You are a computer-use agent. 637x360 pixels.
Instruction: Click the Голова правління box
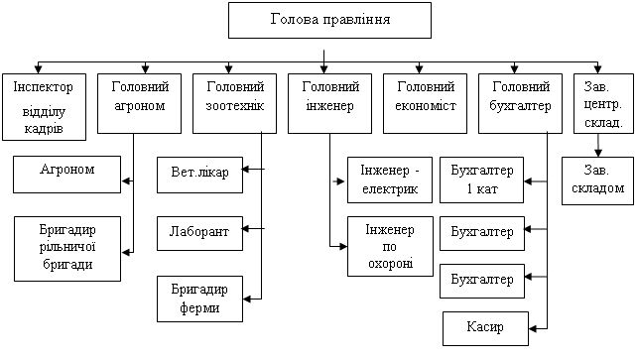pos(329,20)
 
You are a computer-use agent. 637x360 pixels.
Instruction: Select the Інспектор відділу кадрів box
pos(45,107)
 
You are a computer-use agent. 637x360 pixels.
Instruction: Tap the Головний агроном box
pos(139,103)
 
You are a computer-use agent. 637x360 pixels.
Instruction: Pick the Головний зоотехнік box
pos(235,103)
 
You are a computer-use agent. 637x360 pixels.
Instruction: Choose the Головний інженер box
pos(329,103)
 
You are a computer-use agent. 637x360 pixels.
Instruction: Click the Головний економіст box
pos(426,103)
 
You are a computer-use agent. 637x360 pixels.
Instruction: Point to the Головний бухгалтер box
pos(520,103)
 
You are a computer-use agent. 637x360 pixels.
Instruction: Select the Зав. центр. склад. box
pos(603,103)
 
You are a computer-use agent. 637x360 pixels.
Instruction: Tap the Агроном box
pos(67,175)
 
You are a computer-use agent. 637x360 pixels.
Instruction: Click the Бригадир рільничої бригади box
pos(67,249)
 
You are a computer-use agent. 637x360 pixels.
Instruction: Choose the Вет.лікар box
pos(199,175)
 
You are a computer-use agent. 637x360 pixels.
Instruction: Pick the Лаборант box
pos(199,233)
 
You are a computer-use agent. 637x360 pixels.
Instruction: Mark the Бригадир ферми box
pos(199,300)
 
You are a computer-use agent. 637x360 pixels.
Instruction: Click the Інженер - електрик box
pos(390,180)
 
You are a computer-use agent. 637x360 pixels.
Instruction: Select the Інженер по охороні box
pos(390,246)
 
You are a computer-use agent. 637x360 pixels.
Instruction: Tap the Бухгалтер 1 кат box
pos(482,180)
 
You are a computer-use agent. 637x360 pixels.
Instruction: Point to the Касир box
pos(485,328)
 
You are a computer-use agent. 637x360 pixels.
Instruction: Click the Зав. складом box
pos(598,180)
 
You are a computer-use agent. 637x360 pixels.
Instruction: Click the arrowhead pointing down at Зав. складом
pos(598,153)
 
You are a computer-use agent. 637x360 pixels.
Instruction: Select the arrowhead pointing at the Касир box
pos(533,328)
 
